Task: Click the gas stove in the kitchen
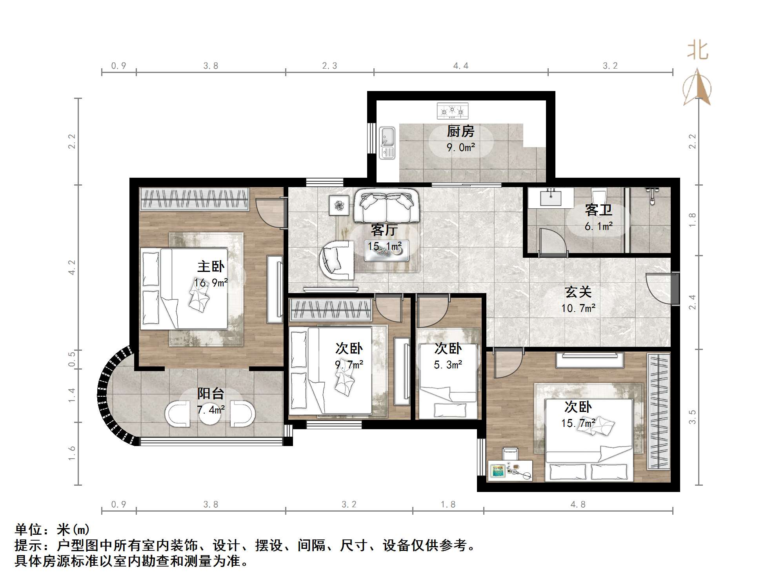[452, 111]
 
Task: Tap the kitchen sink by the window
[387, 143]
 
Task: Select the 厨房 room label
[460, 131]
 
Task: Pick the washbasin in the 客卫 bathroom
[550, 197]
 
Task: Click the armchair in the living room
[337, 259]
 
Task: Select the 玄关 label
[578, 292]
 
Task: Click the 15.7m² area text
[578, 423]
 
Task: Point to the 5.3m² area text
[448, 365]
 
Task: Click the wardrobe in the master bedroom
[195, 199]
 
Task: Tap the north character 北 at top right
[698, 51]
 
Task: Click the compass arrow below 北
[697, 88]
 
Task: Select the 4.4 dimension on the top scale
[460, 66]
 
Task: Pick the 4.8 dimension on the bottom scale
[578, 505]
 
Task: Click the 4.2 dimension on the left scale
[72, 267]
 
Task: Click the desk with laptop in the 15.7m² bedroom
[510, 471]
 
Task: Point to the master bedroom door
[270, 213]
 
